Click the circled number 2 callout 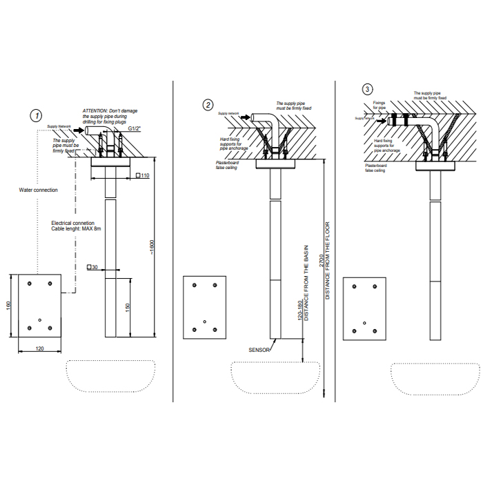coord(208,105)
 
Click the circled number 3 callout coord(367,89)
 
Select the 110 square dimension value coord(145,176)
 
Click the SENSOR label coord(258,350)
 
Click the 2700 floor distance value coord(322,260)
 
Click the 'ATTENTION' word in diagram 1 coord(96,110)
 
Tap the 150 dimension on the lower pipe coord(128,306)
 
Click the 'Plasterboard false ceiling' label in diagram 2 coord(226,166)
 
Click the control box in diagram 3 coord(364,308)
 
